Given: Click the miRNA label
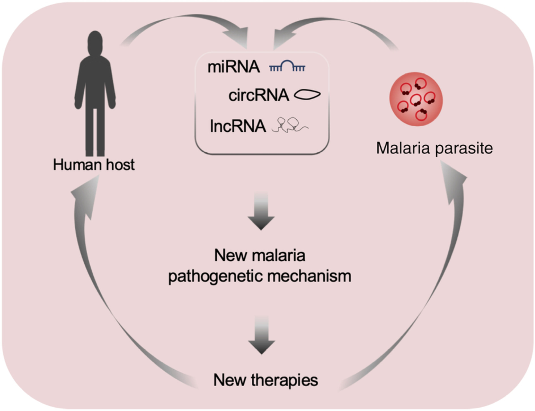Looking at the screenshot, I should click(x=234, y=67).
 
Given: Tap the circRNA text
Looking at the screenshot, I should click(x=258, y=95).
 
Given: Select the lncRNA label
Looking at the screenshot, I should click(x=238, y=126).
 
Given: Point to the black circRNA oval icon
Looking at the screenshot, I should click(x=307, y=95).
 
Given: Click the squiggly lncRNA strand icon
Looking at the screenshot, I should click(x=290, y=125).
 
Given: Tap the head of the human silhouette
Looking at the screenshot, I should click(x=95, y=42).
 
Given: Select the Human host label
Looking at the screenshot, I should click(x=94, y=165).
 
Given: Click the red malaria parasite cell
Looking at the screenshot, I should click(x=416, y=99).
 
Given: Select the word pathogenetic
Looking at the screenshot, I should click(x=215, y=276).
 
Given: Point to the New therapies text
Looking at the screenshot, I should click(x=266, y=380).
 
